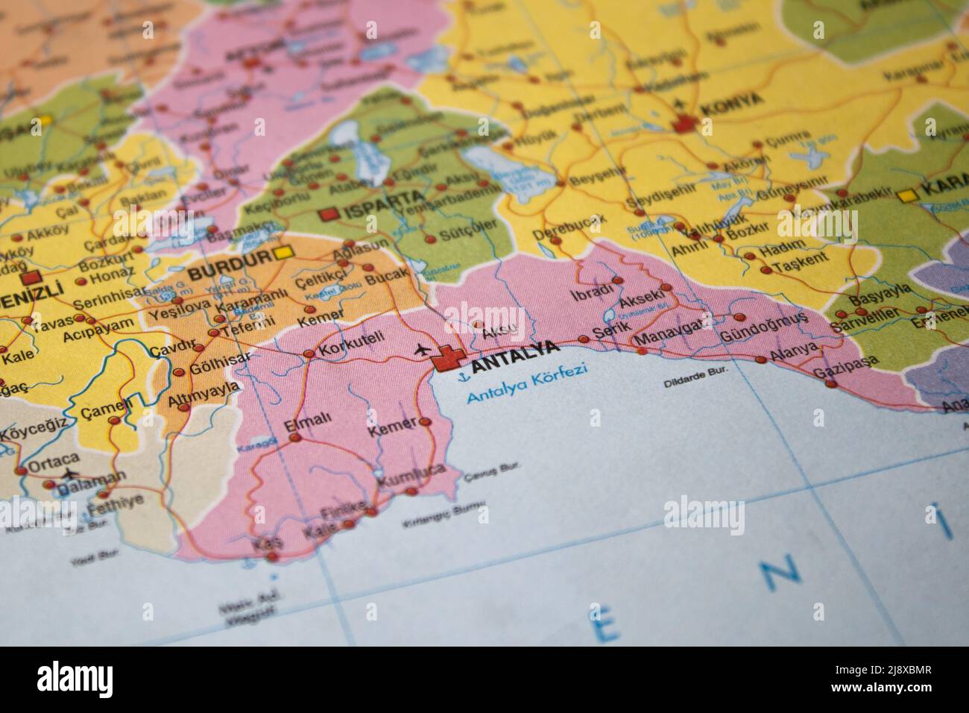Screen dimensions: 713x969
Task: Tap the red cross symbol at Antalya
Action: (x=448, y=360)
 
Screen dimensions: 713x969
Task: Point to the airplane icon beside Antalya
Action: (x=422, y=348)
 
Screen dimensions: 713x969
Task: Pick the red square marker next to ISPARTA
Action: (x=329, y=214)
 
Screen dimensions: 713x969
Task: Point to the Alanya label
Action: (x=794, y=351)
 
